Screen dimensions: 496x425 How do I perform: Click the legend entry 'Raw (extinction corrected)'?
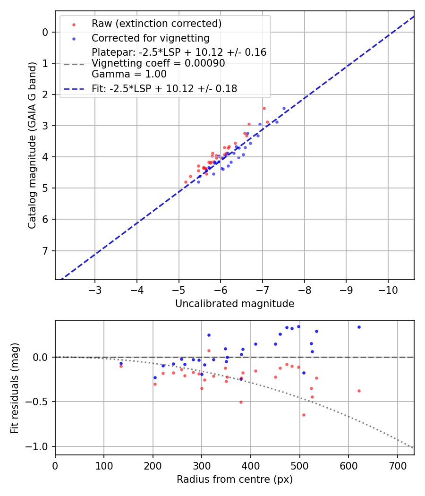(156, 24)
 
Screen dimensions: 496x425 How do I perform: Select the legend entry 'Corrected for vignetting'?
(150, 38)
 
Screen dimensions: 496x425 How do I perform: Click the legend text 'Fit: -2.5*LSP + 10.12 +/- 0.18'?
(164, 88)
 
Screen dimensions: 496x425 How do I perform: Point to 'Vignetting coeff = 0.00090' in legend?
(158, 63)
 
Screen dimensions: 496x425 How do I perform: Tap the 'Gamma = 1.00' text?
(129, 74)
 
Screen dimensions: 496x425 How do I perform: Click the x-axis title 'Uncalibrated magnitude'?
(235, 304)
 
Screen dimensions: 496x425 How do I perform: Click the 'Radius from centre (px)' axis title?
(235, 479)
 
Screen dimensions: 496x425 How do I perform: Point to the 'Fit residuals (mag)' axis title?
(15, 388)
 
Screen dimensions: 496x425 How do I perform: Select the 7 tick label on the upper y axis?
(45, 250)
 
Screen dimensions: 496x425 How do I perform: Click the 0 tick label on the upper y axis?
(45, 32)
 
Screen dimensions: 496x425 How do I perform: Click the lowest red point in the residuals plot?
(304, 415)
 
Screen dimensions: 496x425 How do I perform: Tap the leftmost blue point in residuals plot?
(121, 363)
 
